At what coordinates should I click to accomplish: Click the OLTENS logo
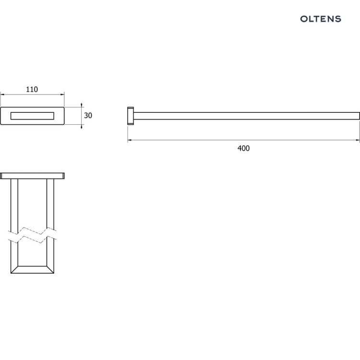pos(321,19)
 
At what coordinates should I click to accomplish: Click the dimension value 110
pos(32,89)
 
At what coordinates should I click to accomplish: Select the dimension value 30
pos(88,116)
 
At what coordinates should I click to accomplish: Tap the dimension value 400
pos(243,148)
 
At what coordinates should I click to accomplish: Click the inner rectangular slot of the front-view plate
pos(32,116)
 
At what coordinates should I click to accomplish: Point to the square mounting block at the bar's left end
pos(131,116)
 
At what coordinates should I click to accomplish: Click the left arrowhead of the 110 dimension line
pos(2,94)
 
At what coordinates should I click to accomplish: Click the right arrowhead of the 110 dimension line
pos(62,94)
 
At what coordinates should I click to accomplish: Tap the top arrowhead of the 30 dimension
pos(82,105)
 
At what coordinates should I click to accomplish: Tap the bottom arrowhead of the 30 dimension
pos(82,127)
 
